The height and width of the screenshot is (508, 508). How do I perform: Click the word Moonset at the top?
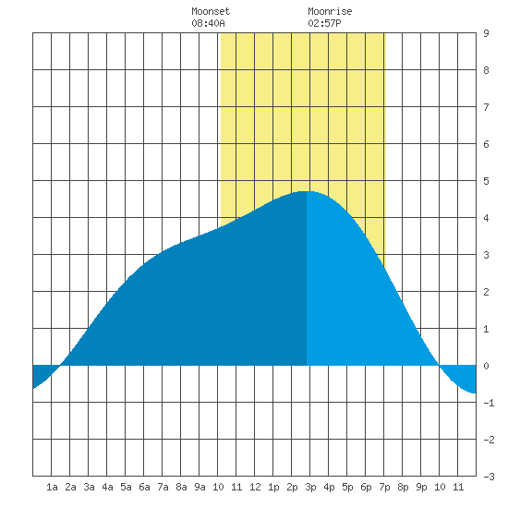point(211,11)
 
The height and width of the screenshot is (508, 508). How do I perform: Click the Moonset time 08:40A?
point(208,23)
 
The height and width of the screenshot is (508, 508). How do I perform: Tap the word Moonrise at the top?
point(330,11)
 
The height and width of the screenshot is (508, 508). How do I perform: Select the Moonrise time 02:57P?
point(324,23)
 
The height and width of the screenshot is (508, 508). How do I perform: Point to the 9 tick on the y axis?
point(486,33)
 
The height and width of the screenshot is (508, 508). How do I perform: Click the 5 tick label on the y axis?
point(486,181)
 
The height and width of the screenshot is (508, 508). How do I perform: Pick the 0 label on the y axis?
point(486,366)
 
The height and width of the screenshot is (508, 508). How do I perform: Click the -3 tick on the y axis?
point(489,477)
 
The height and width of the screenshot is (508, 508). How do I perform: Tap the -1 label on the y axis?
point(489,403)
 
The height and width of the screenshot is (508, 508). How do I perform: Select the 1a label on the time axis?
point(52,487)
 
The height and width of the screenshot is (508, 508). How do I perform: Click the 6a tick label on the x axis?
point(144,487)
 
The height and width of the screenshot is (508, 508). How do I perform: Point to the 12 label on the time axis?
point(255,487)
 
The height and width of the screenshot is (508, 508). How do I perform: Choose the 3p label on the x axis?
point(310,487)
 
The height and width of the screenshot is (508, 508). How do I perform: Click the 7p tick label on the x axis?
point(384,487)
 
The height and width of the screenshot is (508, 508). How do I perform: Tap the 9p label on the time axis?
point(421,487)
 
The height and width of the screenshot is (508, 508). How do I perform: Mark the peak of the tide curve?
point(306,191)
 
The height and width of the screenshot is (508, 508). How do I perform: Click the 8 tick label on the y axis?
point(486,70)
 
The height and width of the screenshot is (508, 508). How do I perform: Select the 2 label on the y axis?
point(486,292)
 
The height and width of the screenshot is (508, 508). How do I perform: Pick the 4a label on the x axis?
point(107,487)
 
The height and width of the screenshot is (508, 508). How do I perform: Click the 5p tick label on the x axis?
point(347,487)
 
